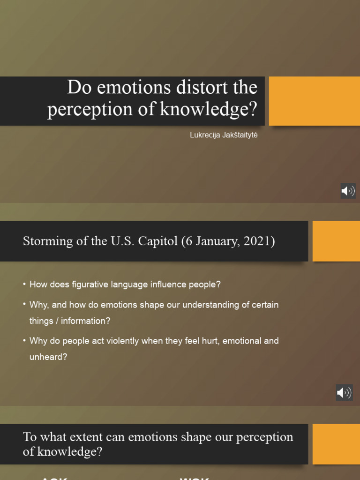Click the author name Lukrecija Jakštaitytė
click(224, 135)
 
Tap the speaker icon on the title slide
click(348, 191)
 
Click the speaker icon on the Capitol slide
click(344, 392)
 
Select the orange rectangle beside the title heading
click(314, 101)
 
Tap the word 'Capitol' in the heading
click(151, 242)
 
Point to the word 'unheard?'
click(48, 357)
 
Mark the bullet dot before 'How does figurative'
click(24, 284)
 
